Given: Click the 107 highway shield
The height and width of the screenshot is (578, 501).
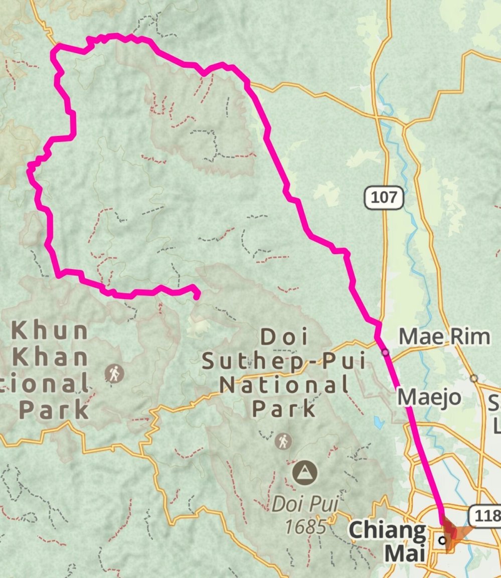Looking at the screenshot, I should [384, 198].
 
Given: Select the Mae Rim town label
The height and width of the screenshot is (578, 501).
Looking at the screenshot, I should [444, 337].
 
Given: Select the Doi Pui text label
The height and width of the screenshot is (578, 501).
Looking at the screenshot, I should [305, 504].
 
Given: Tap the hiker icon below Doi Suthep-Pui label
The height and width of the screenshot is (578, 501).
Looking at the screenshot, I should [283, 442].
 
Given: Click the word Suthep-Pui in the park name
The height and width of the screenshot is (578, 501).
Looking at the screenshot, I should [284, 361].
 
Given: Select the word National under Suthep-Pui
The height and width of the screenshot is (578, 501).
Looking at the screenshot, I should [284, 385].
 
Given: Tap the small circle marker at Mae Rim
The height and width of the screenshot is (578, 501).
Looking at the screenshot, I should [385, 353].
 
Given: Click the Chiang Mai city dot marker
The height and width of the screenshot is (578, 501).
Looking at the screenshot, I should [442, 540].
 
